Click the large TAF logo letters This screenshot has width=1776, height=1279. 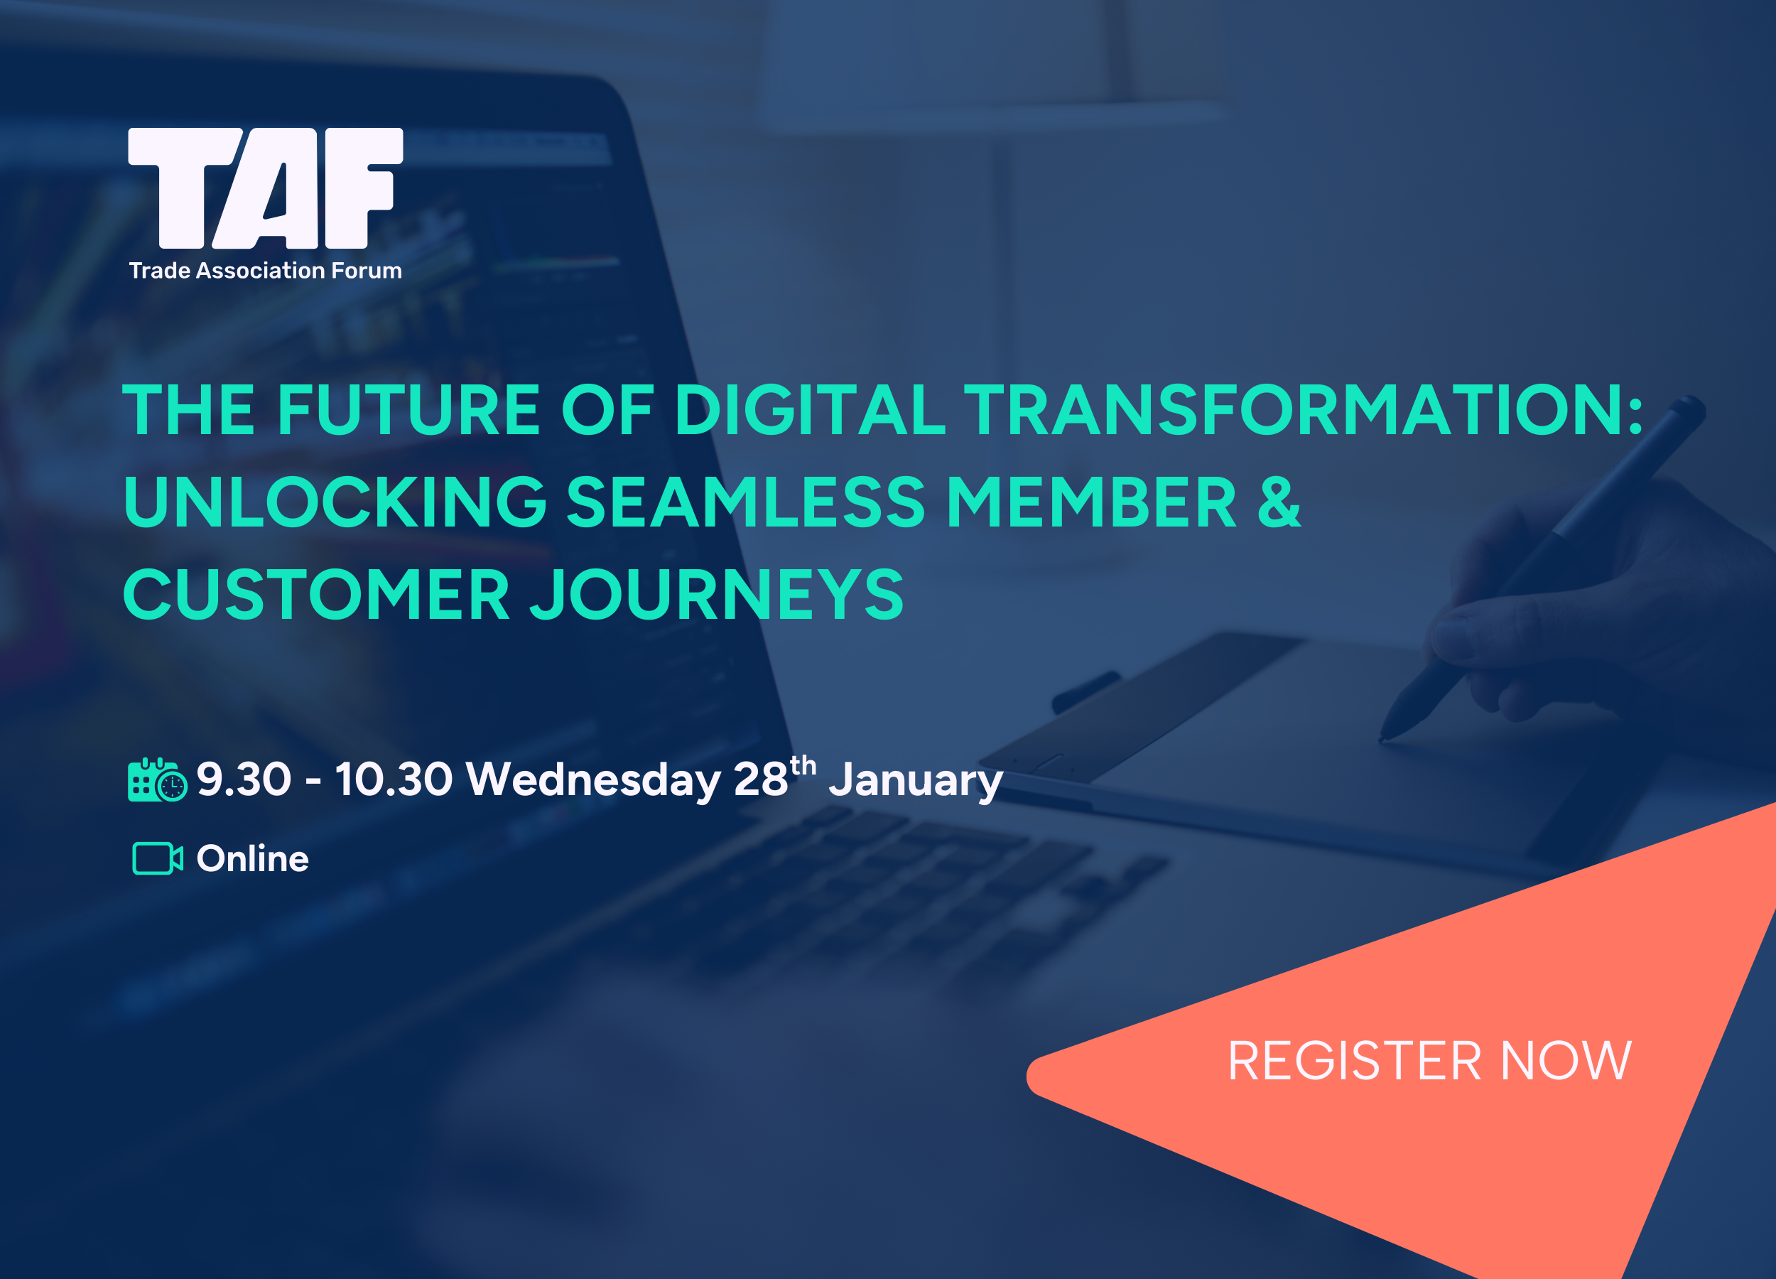266,188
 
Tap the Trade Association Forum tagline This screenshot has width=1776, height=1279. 266,270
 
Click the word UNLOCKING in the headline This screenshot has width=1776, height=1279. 335,502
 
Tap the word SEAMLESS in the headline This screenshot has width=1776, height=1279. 745,502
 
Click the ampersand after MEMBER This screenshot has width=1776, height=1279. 1279,502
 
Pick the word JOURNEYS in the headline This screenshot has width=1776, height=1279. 717,595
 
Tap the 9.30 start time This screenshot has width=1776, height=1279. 244,779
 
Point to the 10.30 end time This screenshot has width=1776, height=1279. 394,779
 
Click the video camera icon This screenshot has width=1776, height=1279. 158,858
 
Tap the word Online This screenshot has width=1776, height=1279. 252,858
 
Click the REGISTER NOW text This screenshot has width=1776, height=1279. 1429,1062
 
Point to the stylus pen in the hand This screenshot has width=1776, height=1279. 1543,568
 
